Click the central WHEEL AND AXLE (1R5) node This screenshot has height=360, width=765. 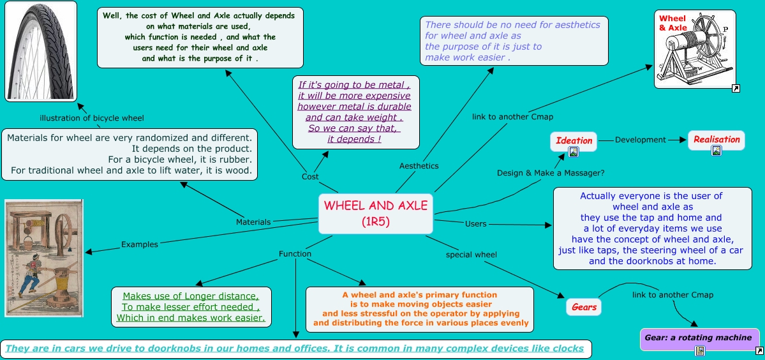click(x=375, y=213)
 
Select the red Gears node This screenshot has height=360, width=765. click(x=584, y=307)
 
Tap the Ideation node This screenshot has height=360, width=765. click(x=574, y=140)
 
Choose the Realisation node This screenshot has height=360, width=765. click(x=717, y=139)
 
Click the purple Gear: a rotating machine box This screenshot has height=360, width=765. click(x=699, y=338)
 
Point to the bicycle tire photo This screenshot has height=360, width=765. click(x=41, y=51)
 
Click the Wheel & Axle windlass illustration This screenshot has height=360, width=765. click(x=695, y=49)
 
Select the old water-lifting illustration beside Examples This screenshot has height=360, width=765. click(x=43, y=258)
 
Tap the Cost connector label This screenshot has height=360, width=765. click(x=310, y=177)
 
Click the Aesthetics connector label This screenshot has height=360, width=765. click(x=419, y=166)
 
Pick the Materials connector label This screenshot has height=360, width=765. click(x=253, y=222)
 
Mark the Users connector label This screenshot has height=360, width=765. click(x=476, y=224)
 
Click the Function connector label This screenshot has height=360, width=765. click(x=295, y=254)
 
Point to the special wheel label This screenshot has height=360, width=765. click(x=471, y=255)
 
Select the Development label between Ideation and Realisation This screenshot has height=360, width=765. click(x=640, y=140)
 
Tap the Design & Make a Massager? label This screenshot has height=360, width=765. click(x=551, y=172)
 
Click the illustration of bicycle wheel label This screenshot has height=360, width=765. click(x=92, y=118)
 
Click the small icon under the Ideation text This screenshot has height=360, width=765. click(x=574, y=151)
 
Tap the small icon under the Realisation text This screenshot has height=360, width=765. click(x=717, y=151)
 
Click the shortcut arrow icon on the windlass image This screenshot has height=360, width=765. click(x=736, y=89)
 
